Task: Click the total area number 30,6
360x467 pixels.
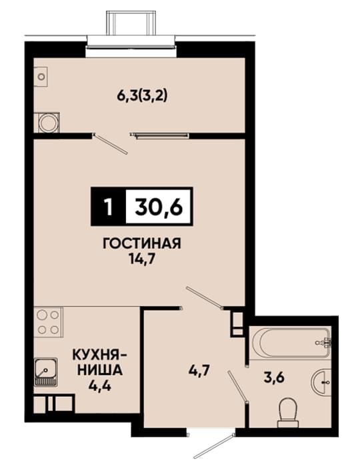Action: coord(159,206)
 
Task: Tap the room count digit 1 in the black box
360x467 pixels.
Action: coord(109,206)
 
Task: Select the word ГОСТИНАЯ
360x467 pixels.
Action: coord(141,244)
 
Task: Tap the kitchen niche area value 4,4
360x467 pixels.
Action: coord(100,386)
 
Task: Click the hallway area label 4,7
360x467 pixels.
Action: coord(199,371)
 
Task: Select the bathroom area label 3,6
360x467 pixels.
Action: coord(274,378)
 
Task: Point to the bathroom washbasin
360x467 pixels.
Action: coord(321,381)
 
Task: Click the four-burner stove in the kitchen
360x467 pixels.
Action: coord(47,322)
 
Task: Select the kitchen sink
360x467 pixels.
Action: coord(45,371)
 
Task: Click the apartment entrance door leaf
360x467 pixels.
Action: coord(213,445)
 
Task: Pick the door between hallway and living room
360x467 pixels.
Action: coord(204,297)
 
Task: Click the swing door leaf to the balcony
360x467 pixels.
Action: coord(111,144)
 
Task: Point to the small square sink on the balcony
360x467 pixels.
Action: coord(41,77)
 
